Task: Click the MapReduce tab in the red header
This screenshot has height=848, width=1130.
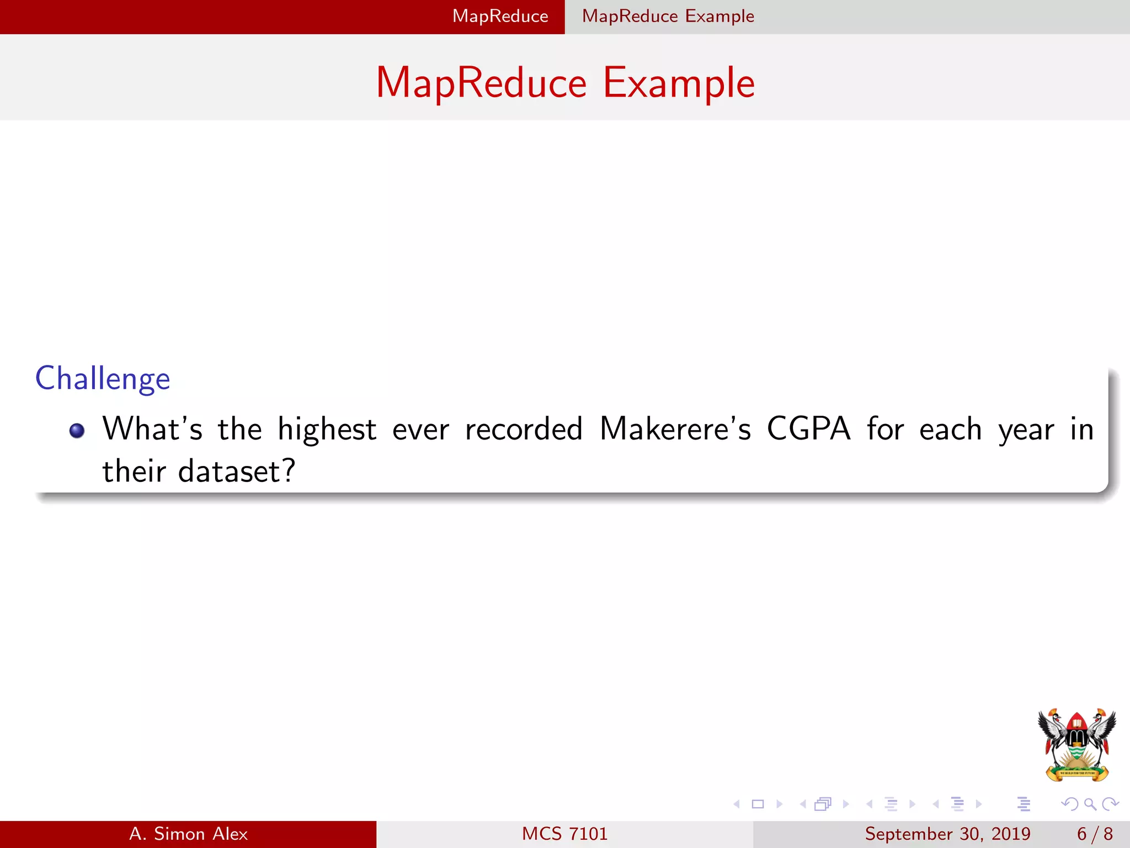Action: (500, 17)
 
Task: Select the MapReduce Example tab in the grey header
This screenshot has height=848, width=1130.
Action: (668, 17)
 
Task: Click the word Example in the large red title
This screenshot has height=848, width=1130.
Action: (679, 83)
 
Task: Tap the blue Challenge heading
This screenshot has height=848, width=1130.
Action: (103, 379)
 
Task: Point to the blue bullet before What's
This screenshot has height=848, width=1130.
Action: (77, 431)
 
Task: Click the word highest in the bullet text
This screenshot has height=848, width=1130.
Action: (327, 430)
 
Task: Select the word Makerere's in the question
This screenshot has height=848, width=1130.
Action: (675, 430)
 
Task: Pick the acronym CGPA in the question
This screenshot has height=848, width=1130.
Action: (808, 430)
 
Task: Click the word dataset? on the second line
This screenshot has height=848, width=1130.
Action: (237, 472)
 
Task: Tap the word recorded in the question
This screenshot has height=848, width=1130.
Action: (524, 430)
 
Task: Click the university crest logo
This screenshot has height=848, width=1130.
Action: (1076, 744)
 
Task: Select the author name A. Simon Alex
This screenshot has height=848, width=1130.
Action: (188, 834)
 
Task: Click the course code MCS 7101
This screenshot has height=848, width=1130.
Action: (564, 834)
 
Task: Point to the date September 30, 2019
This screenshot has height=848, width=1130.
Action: (947, 834)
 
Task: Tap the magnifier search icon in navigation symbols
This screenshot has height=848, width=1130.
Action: (1090, 804)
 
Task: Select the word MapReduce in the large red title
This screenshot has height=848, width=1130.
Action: (481, 83)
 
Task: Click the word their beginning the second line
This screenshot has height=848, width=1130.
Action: (134, 472)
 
